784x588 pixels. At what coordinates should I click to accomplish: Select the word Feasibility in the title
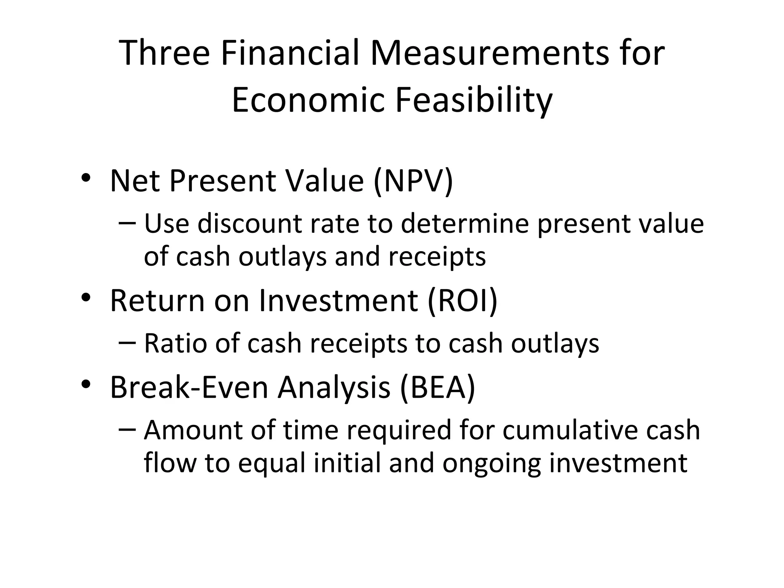(474, 100)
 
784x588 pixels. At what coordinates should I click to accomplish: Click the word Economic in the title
(308, 100)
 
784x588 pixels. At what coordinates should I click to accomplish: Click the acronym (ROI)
(462, 301)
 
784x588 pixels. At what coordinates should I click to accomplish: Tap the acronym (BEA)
(437, 387)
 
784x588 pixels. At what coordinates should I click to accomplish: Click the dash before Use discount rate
(127, 223)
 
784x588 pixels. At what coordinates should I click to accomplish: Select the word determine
(465, 223)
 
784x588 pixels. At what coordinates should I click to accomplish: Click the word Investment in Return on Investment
(338, 301)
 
